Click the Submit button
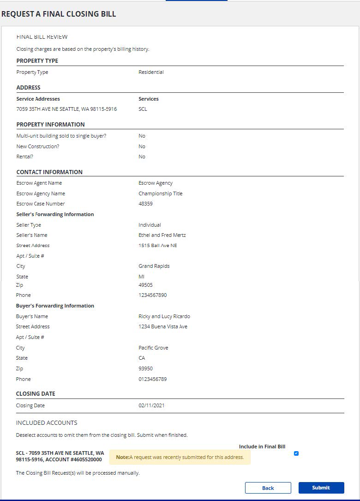click(x=321, y=488)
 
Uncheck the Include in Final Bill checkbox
click(x=296, y=453)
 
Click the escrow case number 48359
click(x=145, y=204)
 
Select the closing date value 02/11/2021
click(x=151, y=405)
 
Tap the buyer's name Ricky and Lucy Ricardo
click(x=164, y=316)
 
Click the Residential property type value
click(x=151, y=72)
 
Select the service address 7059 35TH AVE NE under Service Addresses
click(x=66, y=109)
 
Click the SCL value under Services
click(x=143, y=109)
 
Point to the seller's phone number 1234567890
click(x=153, y=295)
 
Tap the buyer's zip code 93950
click(x=145, y=368)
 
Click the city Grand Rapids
click(x=154, y=266)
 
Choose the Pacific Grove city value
click(x=153, y=348)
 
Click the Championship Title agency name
click(x=160, y=193)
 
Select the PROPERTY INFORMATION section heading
click(x=50, y=124)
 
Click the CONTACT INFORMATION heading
click(x=49, y=172)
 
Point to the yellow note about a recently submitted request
click(x=180, y=457)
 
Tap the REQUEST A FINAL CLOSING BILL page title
click(x=59, y=14)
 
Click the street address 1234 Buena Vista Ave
click(x=163, y=326)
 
